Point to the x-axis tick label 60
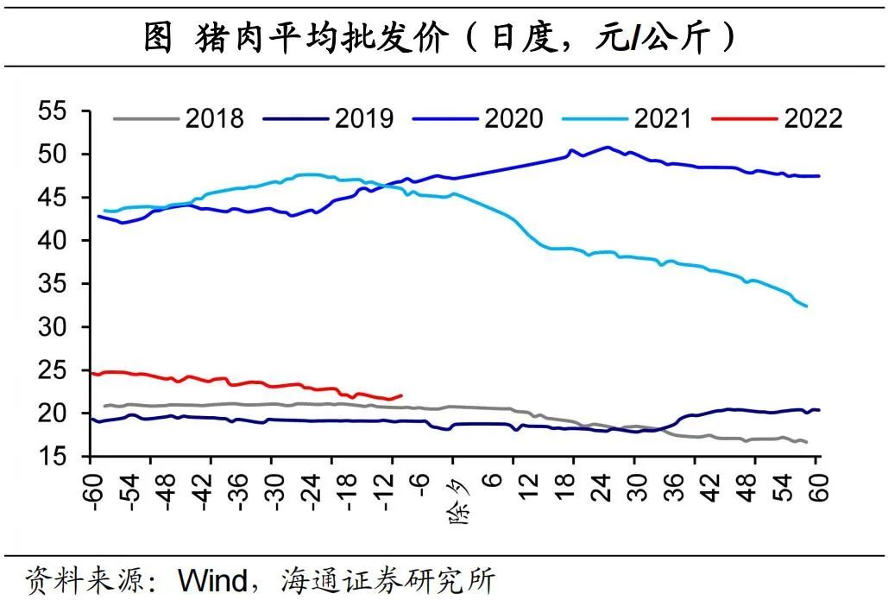click(x=818, y=489)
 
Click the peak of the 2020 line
click(x=608, y=147)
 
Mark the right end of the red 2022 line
click(x=402, y=395)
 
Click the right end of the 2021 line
click(x=807, y=306)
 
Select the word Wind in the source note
click(x=212, y=579)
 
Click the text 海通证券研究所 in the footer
click(x=388, y=579)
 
